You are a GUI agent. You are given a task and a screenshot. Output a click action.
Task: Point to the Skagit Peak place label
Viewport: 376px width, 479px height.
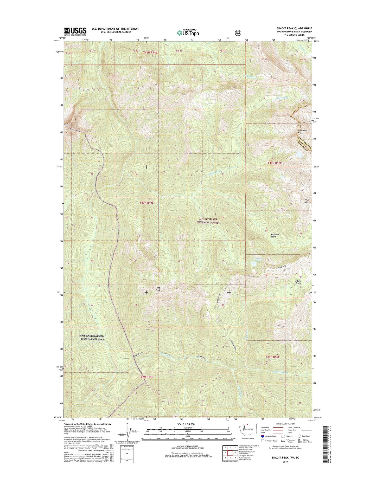click(158, 289)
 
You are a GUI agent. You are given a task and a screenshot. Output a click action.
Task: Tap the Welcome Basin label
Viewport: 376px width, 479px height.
click(275, 235)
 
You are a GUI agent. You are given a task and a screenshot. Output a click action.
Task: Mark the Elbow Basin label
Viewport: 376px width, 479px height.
click(298, 282)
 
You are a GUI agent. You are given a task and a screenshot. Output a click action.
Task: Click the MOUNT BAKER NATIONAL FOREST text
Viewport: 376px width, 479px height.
click(208, 221)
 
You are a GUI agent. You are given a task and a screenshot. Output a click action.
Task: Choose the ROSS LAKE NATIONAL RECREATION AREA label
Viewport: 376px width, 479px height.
click(92, 338)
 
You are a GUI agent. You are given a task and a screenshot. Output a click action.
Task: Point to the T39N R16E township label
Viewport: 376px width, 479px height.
click(272, 357)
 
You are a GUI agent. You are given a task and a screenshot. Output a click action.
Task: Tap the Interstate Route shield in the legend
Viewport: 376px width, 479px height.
click(263, 436)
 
